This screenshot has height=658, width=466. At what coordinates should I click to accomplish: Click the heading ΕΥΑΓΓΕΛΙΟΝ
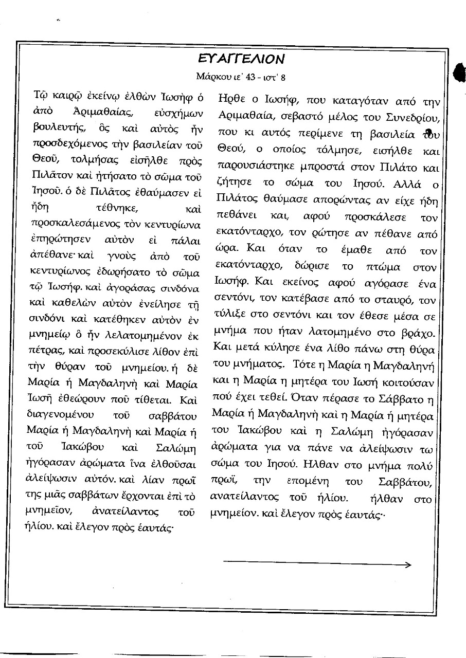click(241, 58)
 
